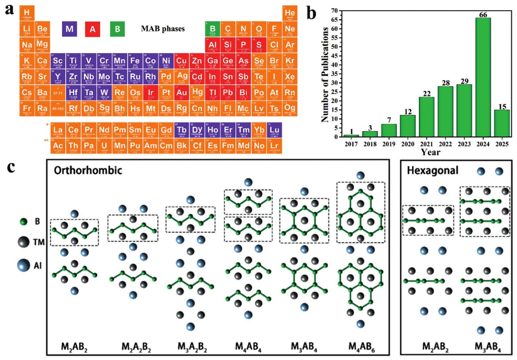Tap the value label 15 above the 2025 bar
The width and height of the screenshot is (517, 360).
click(502, 106)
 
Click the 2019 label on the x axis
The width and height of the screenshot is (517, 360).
click(389, 144)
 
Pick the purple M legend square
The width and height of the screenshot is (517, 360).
click(69, 29)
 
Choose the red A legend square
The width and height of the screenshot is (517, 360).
click(92, 29)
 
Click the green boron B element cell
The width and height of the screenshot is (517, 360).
click(212, 29)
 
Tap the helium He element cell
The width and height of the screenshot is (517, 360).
click(290, 13)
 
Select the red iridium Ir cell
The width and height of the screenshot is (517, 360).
click(150, 93)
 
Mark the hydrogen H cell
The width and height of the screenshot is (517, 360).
click(27, 13)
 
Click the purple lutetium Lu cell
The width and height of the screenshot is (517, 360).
click(274, 130)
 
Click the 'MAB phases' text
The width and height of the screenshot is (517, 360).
click(163, 29)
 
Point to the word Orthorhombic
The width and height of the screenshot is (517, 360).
click(88, 170)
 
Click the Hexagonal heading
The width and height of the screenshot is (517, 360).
click(432, 170)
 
